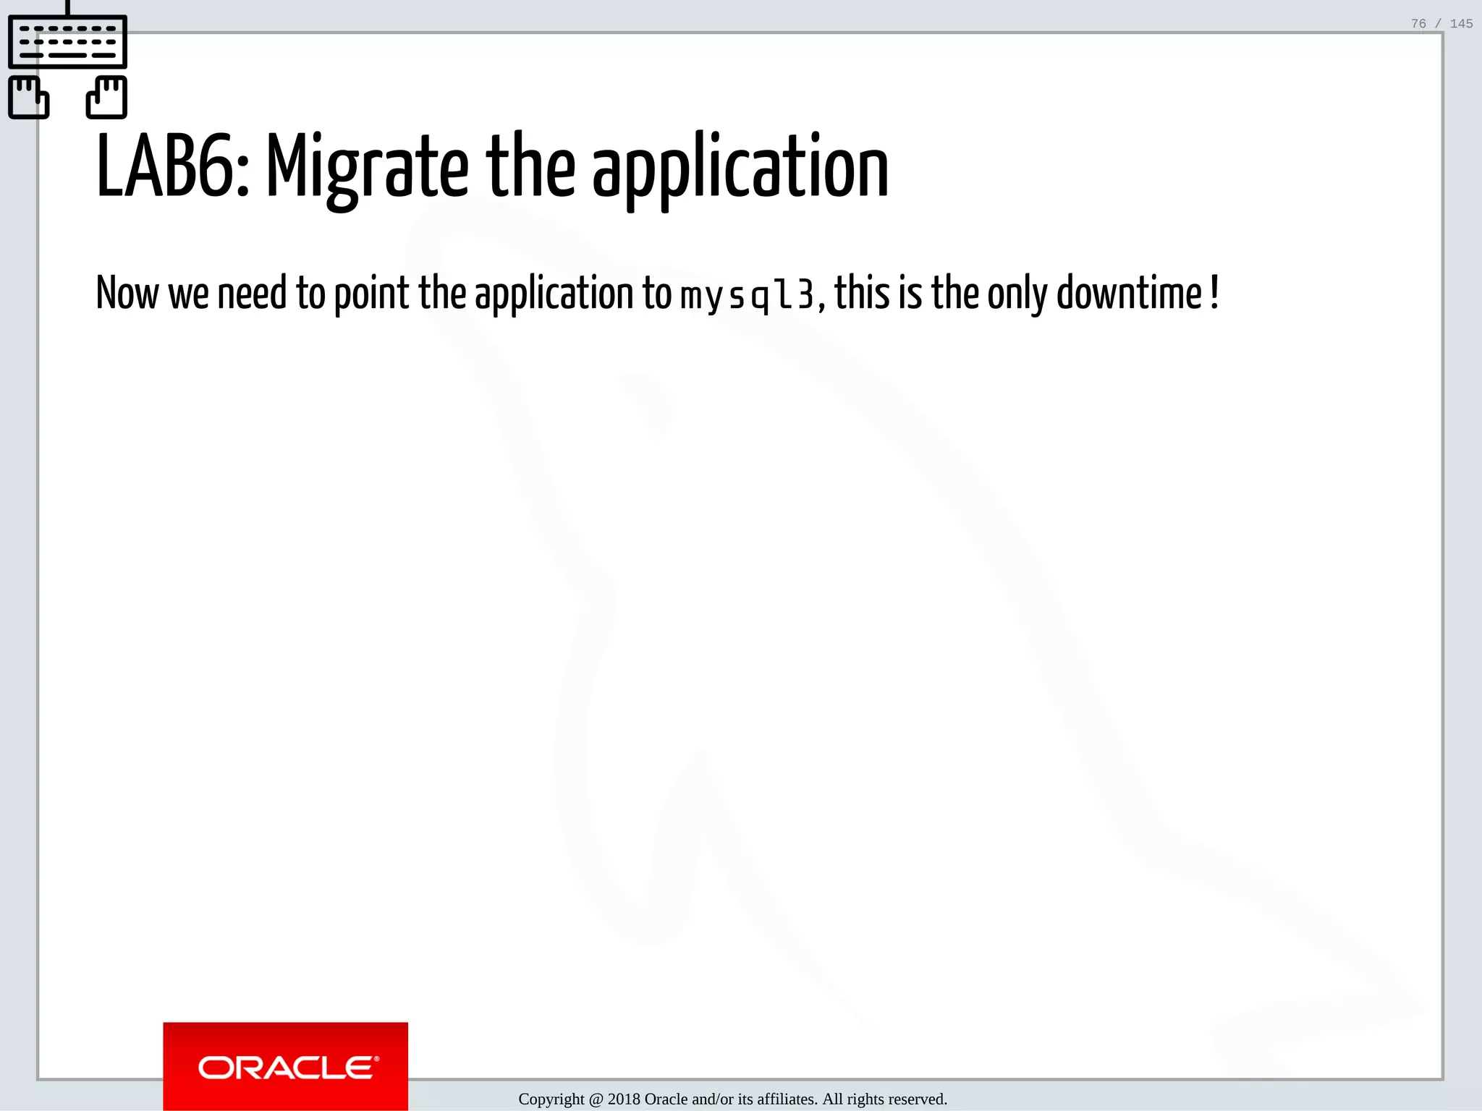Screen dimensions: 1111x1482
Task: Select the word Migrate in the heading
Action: tap(368, 169)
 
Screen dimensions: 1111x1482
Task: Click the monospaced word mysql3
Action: tap(747, 295)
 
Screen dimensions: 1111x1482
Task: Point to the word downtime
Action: tap(1129, 293)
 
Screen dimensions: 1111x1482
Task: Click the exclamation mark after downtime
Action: tap(1214, 291)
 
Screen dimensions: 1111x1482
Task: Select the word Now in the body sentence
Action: tap(127, 293)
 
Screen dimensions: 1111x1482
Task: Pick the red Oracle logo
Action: tap(285, 1066)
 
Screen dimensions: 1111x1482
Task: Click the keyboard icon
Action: tap(67, 42)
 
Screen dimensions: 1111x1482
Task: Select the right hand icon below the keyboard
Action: tap(107, 97)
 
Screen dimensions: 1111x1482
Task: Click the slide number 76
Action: tap(1418, 24)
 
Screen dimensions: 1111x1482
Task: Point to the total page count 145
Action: tap(1461, 24)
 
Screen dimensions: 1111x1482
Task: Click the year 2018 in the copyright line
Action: tap(624, 1099)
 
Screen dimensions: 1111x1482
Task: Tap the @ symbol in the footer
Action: tap(596, 1099)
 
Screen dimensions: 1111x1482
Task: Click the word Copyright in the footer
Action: tap(551, 1099)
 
